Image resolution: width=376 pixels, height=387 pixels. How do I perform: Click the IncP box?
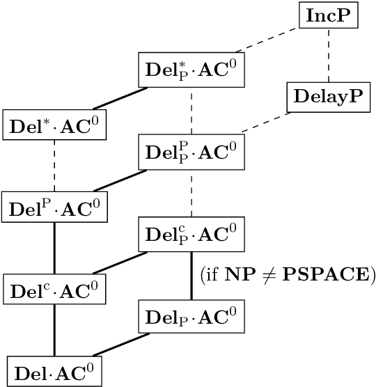pos(329,16)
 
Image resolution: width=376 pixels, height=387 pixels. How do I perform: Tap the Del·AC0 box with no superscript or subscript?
pos(54,371)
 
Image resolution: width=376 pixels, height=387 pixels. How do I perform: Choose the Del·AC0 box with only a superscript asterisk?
pos(54,126)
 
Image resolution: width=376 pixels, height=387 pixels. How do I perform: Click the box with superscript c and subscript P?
pos(191,233)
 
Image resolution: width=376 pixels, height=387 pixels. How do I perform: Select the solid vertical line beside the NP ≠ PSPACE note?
pos(191,275)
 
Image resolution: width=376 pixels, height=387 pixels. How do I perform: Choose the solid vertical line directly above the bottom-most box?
pos(54,330)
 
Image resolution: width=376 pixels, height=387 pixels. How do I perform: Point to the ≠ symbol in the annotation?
pos(264,276)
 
